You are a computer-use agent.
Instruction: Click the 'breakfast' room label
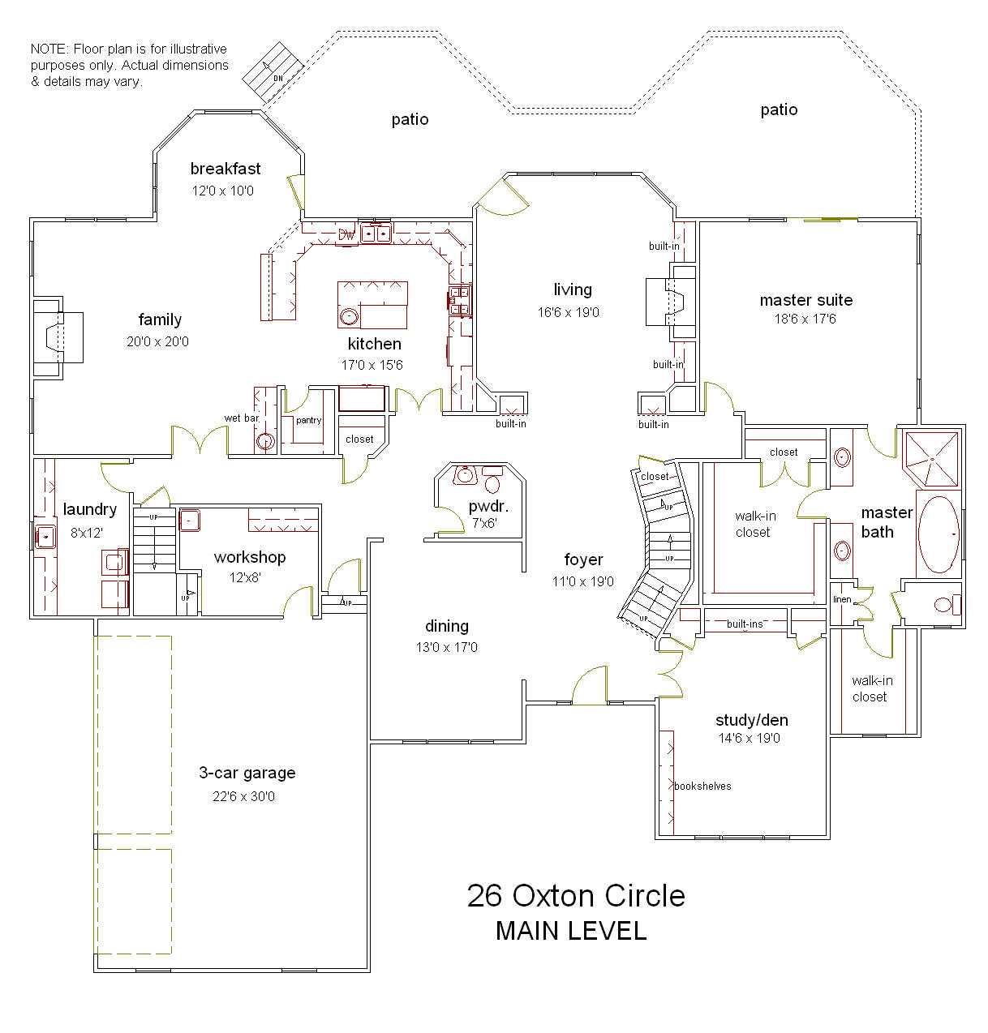226,169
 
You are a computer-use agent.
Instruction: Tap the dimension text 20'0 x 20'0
157,341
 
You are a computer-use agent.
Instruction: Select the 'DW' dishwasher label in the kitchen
346,234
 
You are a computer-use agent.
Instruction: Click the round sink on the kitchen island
349,316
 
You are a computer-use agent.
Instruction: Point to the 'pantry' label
308,420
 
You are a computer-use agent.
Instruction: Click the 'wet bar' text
242,418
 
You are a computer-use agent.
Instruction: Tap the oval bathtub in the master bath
939,534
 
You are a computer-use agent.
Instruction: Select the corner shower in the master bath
932,459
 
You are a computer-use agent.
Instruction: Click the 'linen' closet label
842,599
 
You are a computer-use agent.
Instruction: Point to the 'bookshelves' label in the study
702,787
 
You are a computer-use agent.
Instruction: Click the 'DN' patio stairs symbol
273,72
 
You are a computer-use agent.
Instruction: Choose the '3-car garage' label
247,773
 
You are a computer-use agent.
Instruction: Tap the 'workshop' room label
250,557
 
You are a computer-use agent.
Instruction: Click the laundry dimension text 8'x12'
87,533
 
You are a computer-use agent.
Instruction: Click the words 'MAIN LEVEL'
571,931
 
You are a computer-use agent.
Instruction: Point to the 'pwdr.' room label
488,506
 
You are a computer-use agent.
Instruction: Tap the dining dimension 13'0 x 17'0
447,647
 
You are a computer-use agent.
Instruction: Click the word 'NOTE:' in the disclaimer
50,49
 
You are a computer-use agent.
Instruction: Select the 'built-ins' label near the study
745,624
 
